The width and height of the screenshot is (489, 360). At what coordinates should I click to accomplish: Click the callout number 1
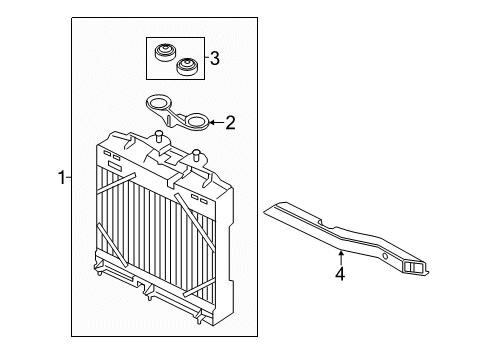point(62,178)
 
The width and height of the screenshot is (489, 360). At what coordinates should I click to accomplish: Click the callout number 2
point(230,124)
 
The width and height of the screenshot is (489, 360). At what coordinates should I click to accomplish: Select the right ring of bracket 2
point(198,122)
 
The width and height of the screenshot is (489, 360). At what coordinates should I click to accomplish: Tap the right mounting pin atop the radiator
point(197,155)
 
